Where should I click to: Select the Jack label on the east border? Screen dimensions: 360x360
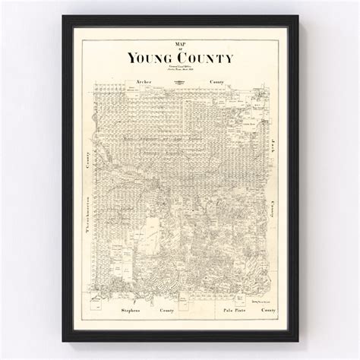pos(267,143)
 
